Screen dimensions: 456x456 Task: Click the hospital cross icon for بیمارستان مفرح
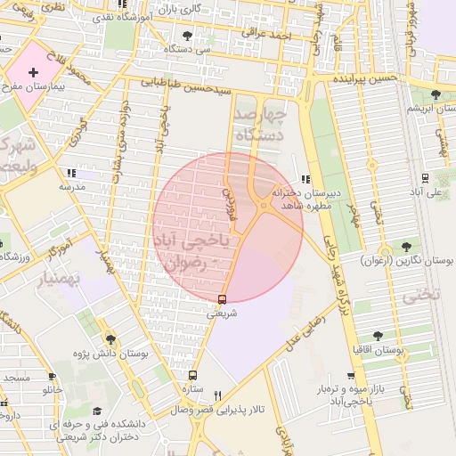click(34, 71)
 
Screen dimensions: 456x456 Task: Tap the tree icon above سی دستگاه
click(186, 37)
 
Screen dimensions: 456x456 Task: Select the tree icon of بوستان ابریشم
click(435, 94)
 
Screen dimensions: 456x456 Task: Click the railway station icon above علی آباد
click(425, 176)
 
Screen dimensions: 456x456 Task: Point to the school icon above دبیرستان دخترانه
click(306, 179)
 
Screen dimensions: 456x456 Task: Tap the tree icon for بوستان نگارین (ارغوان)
click(408, 246)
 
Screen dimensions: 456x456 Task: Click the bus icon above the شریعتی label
click(222, 299)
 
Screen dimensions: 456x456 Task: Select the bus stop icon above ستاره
click(191, 376)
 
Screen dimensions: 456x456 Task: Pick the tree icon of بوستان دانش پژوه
click(110, 339)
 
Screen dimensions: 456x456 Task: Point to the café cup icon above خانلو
click(52, 377)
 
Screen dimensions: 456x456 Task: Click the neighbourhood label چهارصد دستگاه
click(259, 125)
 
